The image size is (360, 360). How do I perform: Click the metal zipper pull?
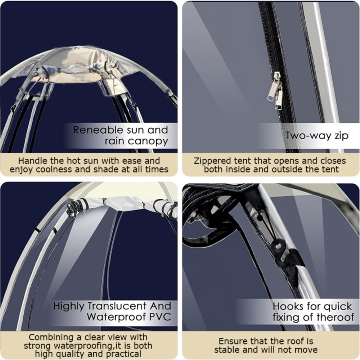tap(275, 88)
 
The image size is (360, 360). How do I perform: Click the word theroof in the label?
tap(336, 318)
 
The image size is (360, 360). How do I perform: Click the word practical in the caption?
tap(123, 354)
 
